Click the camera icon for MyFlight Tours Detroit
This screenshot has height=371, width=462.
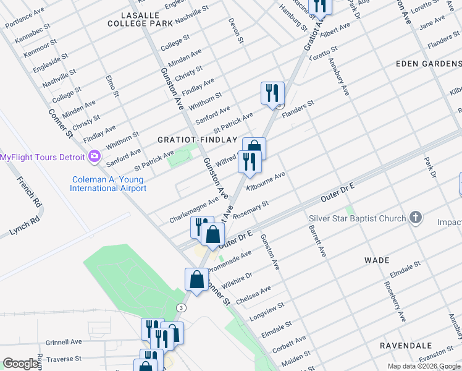94,156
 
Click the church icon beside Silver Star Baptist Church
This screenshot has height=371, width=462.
416,218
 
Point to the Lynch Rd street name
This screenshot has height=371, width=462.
24,226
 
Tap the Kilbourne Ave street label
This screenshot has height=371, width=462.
266,181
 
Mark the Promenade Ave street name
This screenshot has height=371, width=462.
229,261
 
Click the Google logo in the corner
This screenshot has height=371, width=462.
20,364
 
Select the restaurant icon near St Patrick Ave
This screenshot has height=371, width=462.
272,94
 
